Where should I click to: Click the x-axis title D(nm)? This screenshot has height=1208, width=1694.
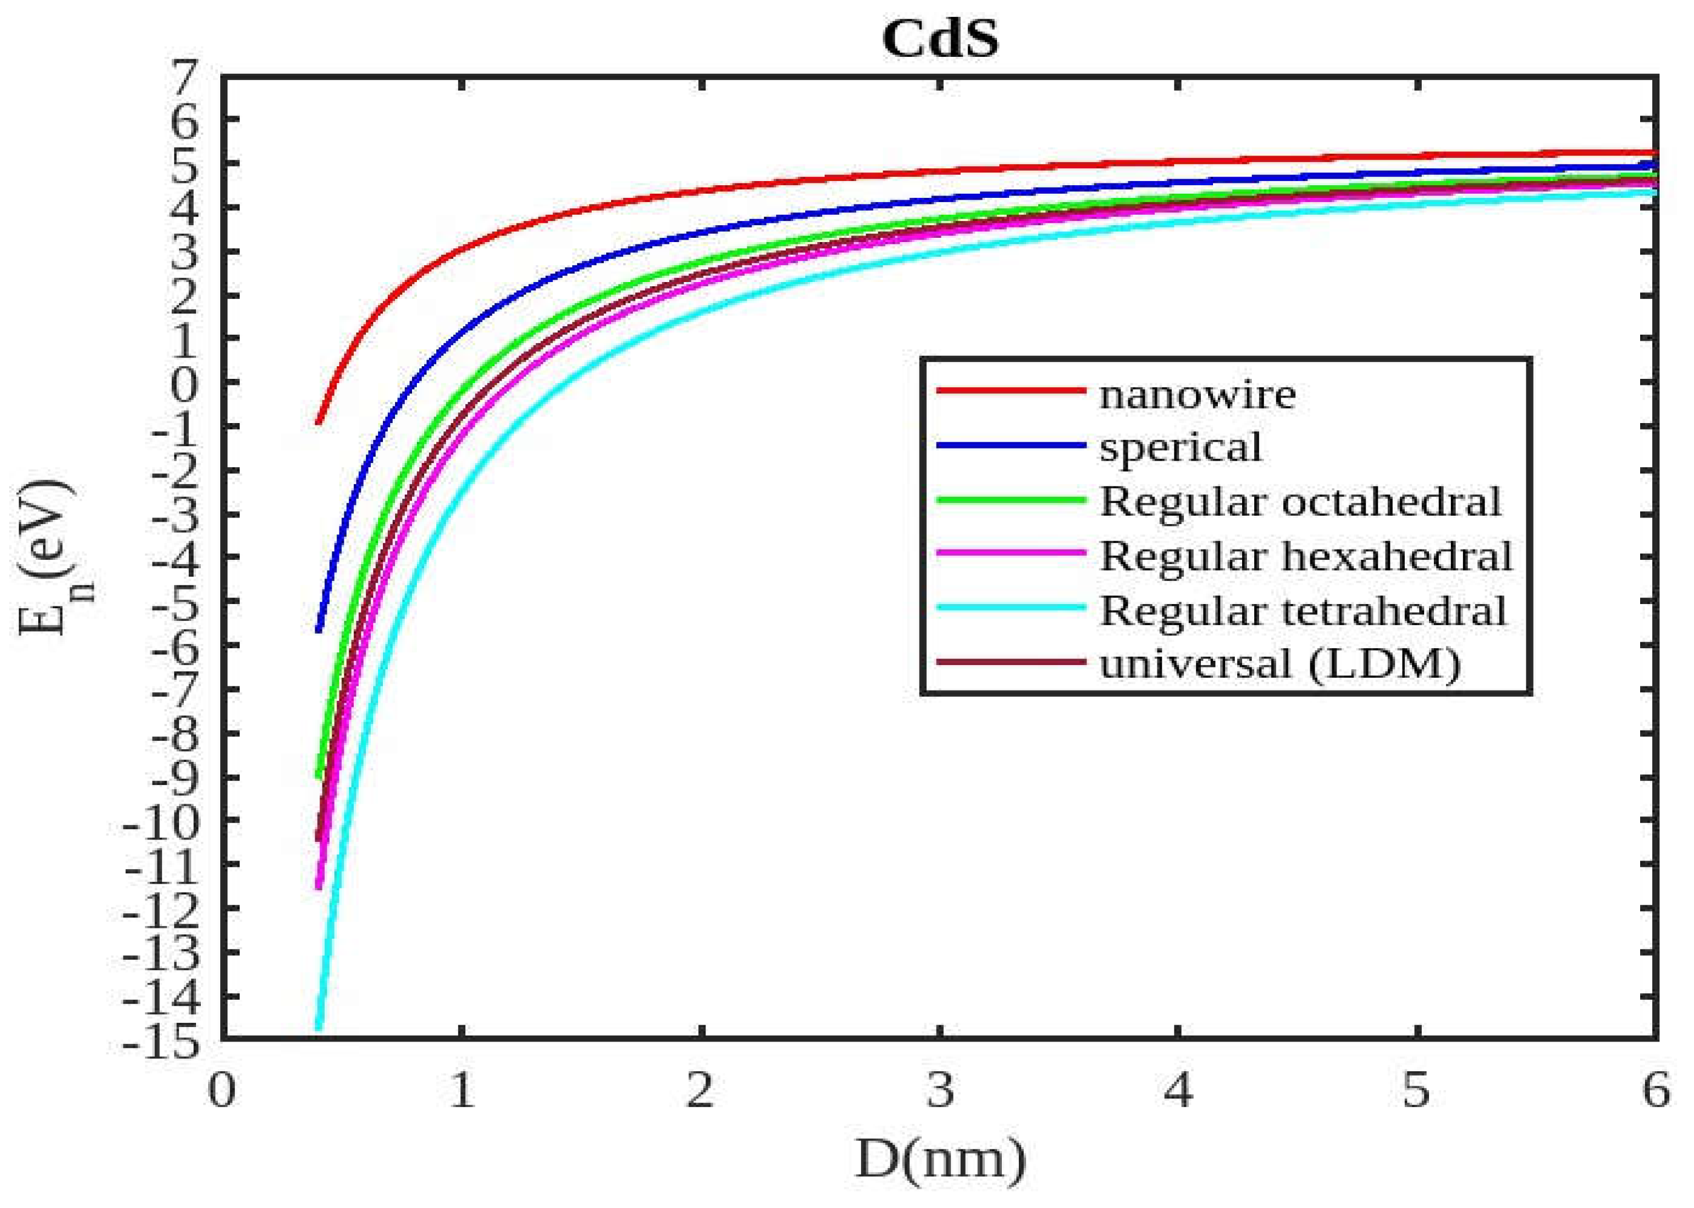[940, 1159]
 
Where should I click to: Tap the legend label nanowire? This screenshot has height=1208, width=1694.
[1197, 394]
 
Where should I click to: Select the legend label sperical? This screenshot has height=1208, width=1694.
[1180, 448]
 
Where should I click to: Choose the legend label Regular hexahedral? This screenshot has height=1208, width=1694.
[1306, 556]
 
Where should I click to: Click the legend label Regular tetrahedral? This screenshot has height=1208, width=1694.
[1303, 611]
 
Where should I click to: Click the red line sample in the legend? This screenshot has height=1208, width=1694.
[1010, 390]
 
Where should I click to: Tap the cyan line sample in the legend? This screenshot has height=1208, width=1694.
[1010, 607]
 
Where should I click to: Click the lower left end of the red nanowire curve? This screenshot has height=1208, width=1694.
[318, 422]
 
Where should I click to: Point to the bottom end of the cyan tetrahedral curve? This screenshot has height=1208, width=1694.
[318, 1028]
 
